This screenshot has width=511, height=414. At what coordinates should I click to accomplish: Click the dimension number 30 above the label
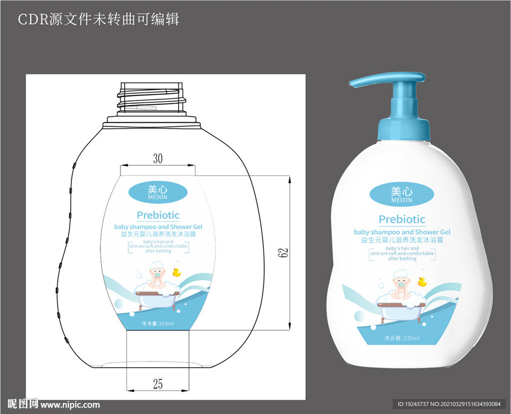coord(158,159)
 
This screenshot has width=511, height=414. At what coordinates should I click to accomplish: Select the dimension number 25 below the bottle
coord(158,384)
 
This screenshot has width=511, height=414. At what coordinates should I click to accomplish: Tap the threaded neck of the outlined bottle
coord(152,98)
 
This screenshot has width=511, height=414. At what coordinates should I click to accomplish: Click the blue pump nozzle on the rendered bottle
coord(387,81)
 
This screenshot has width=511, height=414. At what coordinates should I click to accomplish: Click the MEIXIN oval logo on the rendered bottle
coord(402,194)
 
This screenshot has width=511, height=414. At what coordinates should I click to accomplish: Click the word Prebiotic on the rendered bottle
coord(402,219)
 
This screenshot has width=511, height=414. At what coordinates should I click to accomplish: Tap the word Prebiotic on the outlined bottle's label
coord(158,215)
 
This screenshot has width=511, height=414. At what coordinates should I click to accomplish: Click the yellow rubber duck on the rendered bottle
coord(422,282)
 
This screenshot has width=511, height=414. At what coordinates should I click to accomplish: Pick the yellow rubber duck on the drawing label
coord(176,272)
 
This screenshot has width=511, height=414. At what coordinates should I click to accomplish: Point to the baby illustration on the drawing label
coord(156,279)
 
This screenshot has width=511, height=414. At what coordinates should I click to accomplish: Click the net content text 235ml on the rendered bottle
coord(402,339)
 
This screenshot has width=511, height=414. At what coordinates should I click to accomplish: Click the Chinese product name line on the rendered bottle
coord(402,240)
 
